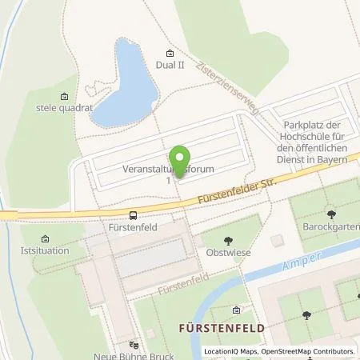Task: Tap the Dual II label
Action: tap(170, 66)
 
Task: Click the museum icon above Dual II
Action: tap(169, 51)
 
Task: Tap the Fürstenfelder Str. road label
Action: tap(230, 193)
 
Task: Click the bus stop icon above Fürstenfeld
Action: tap(132, 214)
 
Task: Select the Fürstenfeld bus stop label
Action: tap(132, 227)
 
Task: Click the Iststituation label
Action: tap(42, 251)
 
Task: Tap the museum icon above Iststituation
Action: tap(44, 238)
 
